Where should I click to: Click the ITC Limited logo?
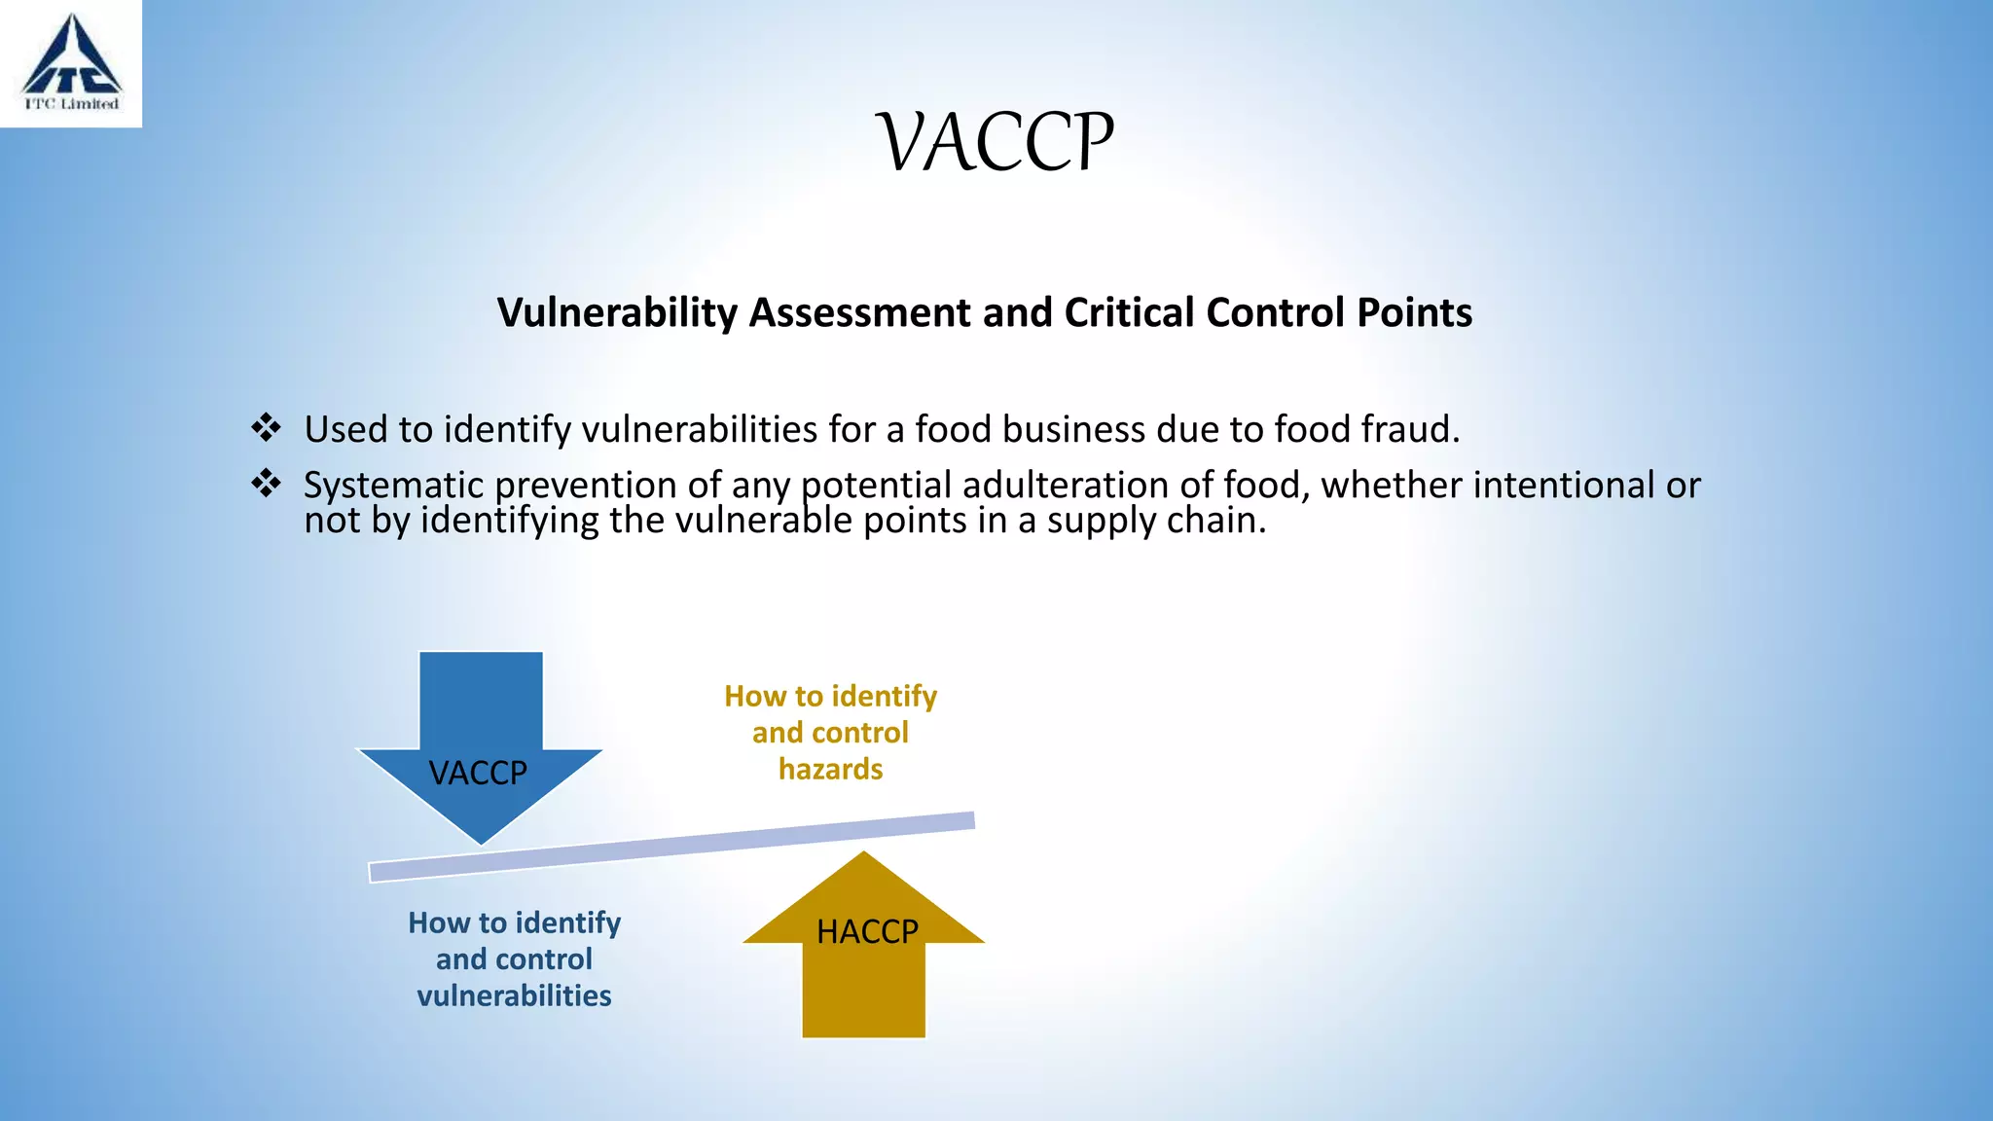pyautogui.click(x=71, y=62)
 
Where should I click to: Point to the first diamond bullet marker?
pyautogui.click(x=266, y=427)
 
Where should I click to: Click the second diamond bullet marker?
pyautogui.click(x=266, y=483)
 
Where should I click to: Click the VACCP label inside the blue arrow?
pyautogui.click(x=478, y=773)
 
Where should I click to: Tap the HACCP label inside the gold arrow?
pyautogui.click(x=867, y=931)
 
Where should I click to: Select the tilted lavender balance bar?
pyautogui.click(x=671, y=847)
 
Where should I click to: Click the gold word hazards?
pyautogui.click(x=830, y=770)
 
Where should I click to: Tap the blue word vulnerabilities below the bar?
pyautogui.click(x=514, y=995)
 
